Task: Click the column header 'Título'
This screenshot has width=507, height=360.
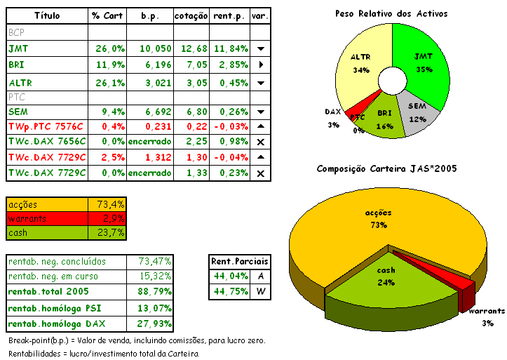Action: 47,15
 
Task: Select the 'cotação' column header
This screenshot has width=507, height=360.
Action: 191,15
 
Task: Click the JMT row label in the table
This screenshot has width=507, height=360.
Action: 19,48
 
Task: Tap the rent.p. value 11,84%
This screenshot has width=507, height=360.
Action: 230,48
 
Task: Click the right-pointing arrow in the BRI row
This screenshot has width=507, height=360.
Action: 261,65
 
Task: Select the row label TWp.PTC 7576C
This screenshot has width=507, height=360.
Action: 46,126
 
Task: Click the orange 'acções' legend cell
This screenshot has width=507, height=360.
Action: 46,204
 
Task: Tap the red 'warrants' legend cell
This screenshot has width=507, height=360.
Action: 46,219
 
